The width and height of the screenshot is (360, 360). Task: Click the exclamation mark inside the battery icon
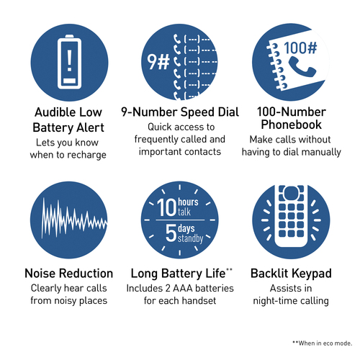point(69,60)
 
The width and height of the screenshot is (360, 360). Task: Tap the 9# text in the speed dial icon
point(158,62)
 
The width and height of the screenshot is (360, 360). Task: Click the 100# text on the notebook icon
point(300,48)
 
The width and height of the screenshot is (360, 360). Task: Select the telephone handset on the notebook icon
point(302,67)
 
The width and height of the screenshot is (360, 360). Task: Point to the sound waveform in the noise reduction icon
point(74,218)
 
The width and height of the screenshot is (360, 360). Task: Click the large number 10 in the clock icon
point(167,207)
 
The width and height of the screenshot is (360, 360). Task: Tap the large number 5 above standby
point(171,233)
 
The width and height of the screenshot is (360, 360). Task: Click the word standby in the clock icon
point(190,238)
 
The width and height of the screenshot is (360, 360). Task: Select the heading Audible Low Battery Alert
point(68,120)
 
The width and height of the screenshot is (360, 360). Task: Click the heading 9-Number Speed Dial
point(180,112)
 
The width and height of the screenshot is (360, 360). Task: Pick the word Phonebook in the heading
point(291,125)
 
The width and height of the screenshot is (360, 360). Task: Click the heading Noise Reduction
point(69,274)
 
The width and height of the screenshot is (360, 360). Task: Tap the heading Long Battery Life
point(178,274)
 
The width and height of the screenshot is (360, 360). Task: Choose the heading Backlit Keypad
point(291,274)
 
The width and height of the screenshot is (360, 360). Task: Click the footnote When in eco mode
point(325,343)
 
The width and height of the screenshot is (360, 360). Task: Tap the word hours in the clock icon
point(188,202)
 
